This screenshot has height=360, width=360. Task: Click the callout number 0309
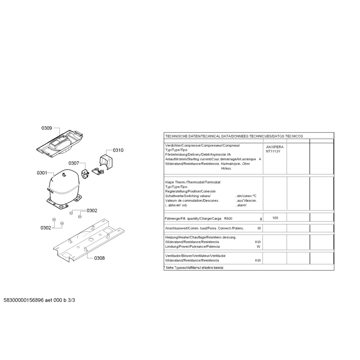click(47, 128)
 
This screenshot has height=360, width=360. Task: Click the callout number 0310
click(118, 150)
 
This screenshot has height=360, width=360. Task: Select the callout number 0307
click(74, 163)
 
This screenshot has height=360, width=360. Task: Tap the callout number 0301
click(42, 173)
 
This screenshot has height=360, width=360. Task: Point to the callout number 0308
click(99, 258)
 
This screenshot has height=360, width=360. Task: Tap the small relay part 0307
click(85, 174)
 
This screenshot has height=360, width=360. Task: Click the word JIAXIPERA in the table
click(275, 147)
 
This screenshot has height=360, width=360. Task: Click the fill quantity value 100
click(275, 218)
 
